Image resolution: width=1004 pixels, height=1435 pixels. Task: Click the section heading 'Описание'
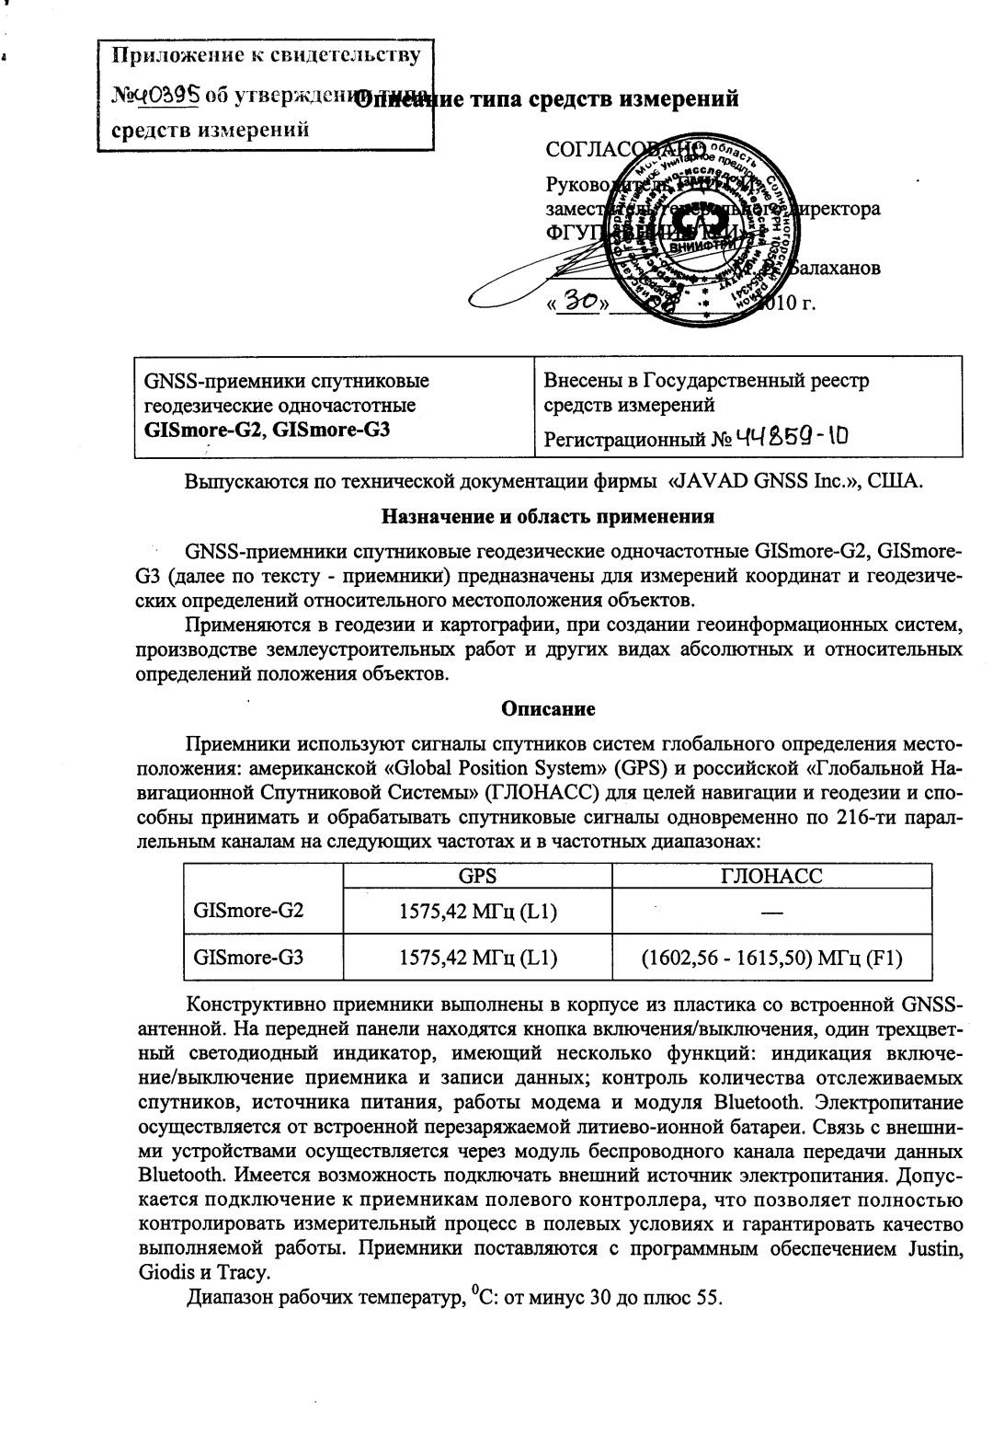tap(548, 708)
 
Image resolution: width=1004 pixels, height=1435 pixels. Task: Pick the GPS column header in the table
tap(477, 876)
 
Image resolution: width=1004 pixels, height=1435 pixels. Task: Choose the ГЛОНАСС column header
tap(772, 876)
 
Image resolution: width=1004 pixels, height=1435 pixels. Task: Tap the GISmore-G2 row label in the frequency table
tap(248, 911)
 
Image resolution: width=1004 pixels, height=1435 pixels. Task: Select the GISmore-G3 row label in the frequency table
tap(248, 957)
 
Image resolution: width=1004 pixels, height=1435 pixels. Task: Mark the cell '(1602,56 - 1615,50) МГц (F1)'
tap(772, 958)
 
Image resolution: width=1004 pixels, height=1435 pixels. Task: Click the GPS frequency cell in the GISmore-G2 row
tap(477, 912)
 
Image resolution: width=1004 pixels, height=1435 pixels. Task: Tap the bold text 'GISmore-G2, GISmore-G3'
tap(261, 429)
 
